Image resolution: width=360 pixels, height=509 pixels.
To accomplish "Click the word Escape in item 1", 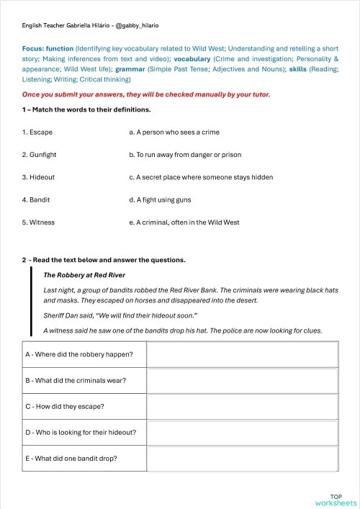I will (40, 132).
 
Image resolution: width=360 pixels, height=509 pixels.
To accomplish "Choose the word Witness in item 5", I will (42, 222).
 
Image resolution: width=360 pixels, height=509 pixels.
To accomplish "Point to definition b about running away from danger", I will (185, 155).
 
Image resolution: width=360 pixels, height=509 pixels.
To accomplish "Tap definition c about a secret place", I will (201, 177).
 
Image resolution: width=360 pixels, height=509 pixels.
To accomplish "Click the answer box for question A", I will (243, 354).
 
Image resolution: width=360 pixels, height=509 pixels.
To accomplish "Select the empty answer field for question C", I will (243, 407).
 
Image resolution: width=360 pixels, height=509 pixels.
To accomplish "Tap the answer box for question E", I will (243, 459).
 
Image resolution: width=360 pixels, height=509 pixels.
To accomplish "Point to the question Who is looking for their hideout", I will (81, 433).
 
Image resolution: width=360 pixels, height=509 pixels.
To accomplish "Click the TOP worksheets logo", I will (335, 499).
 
